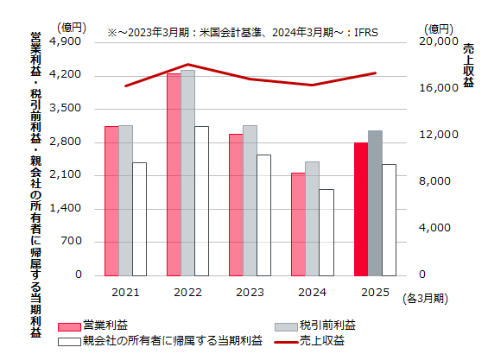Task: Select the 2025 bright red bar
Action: [x=360, y=209]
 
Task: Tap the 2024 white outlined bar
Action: [x=326, y=232]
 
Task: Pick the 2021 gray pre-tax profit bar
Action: [x=125, y=200]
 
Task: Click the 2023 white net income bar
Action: [x=263, y=215]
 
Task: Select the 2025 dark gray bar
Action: [x=374, y=203]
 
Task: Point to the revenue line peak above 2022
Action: [x=188, y=65]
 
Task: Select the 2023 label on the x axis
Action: [x=250, y=292]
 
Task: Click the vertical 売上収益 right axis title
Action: [x=468, y=65]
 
